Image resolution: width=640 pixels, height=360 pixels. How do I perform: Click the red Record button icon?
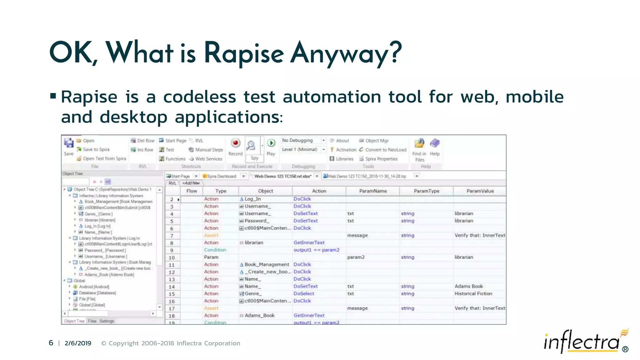pos(235,143)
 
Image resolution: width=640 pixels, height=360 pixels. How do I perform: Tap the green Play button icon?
pos(271,143)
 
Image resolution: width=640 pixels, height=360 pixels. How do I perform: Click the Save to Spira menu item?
pos(96,150)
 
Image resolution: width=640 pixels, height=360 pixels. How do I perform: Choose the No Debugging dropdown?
pos(303,141)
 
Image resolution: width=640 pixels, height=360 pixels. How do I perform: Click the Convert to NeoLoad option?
pos(386,150)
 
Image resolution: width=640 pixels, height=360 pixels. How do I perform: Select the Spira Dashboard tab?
pos(221,176)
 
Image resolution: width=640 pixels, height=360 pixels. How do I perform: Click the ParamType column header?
pos(426,191)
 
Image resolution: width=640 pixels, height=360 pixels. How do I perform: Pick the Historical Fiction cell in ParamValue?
pos(473,294)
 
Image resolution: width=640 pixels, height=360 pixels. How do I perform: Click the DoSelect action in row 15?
pos(304,294)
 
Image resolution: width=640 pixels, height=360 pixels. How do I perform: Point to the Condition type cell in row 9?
pos(215,250)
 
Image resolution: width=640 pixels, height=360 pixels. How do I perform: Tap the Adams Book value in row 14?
pos(468,286)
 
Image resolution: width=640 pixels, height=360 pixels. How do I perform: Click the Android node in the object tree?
pos(94,287)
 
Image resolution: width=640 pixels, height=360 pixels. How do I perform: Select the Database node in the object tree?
pos(97,293)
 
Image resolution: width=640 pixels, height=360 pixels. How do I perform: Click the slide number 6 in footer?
pos(51,343)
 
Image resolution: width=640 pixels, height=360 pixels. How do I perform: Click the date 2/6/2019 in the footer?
pos(78,343)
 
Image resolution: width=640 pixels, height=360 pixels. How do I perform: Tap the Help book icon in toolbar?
pos(434,143)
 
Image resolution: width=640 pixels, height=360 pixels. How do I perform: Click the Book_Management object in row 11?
pos(267,265)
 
